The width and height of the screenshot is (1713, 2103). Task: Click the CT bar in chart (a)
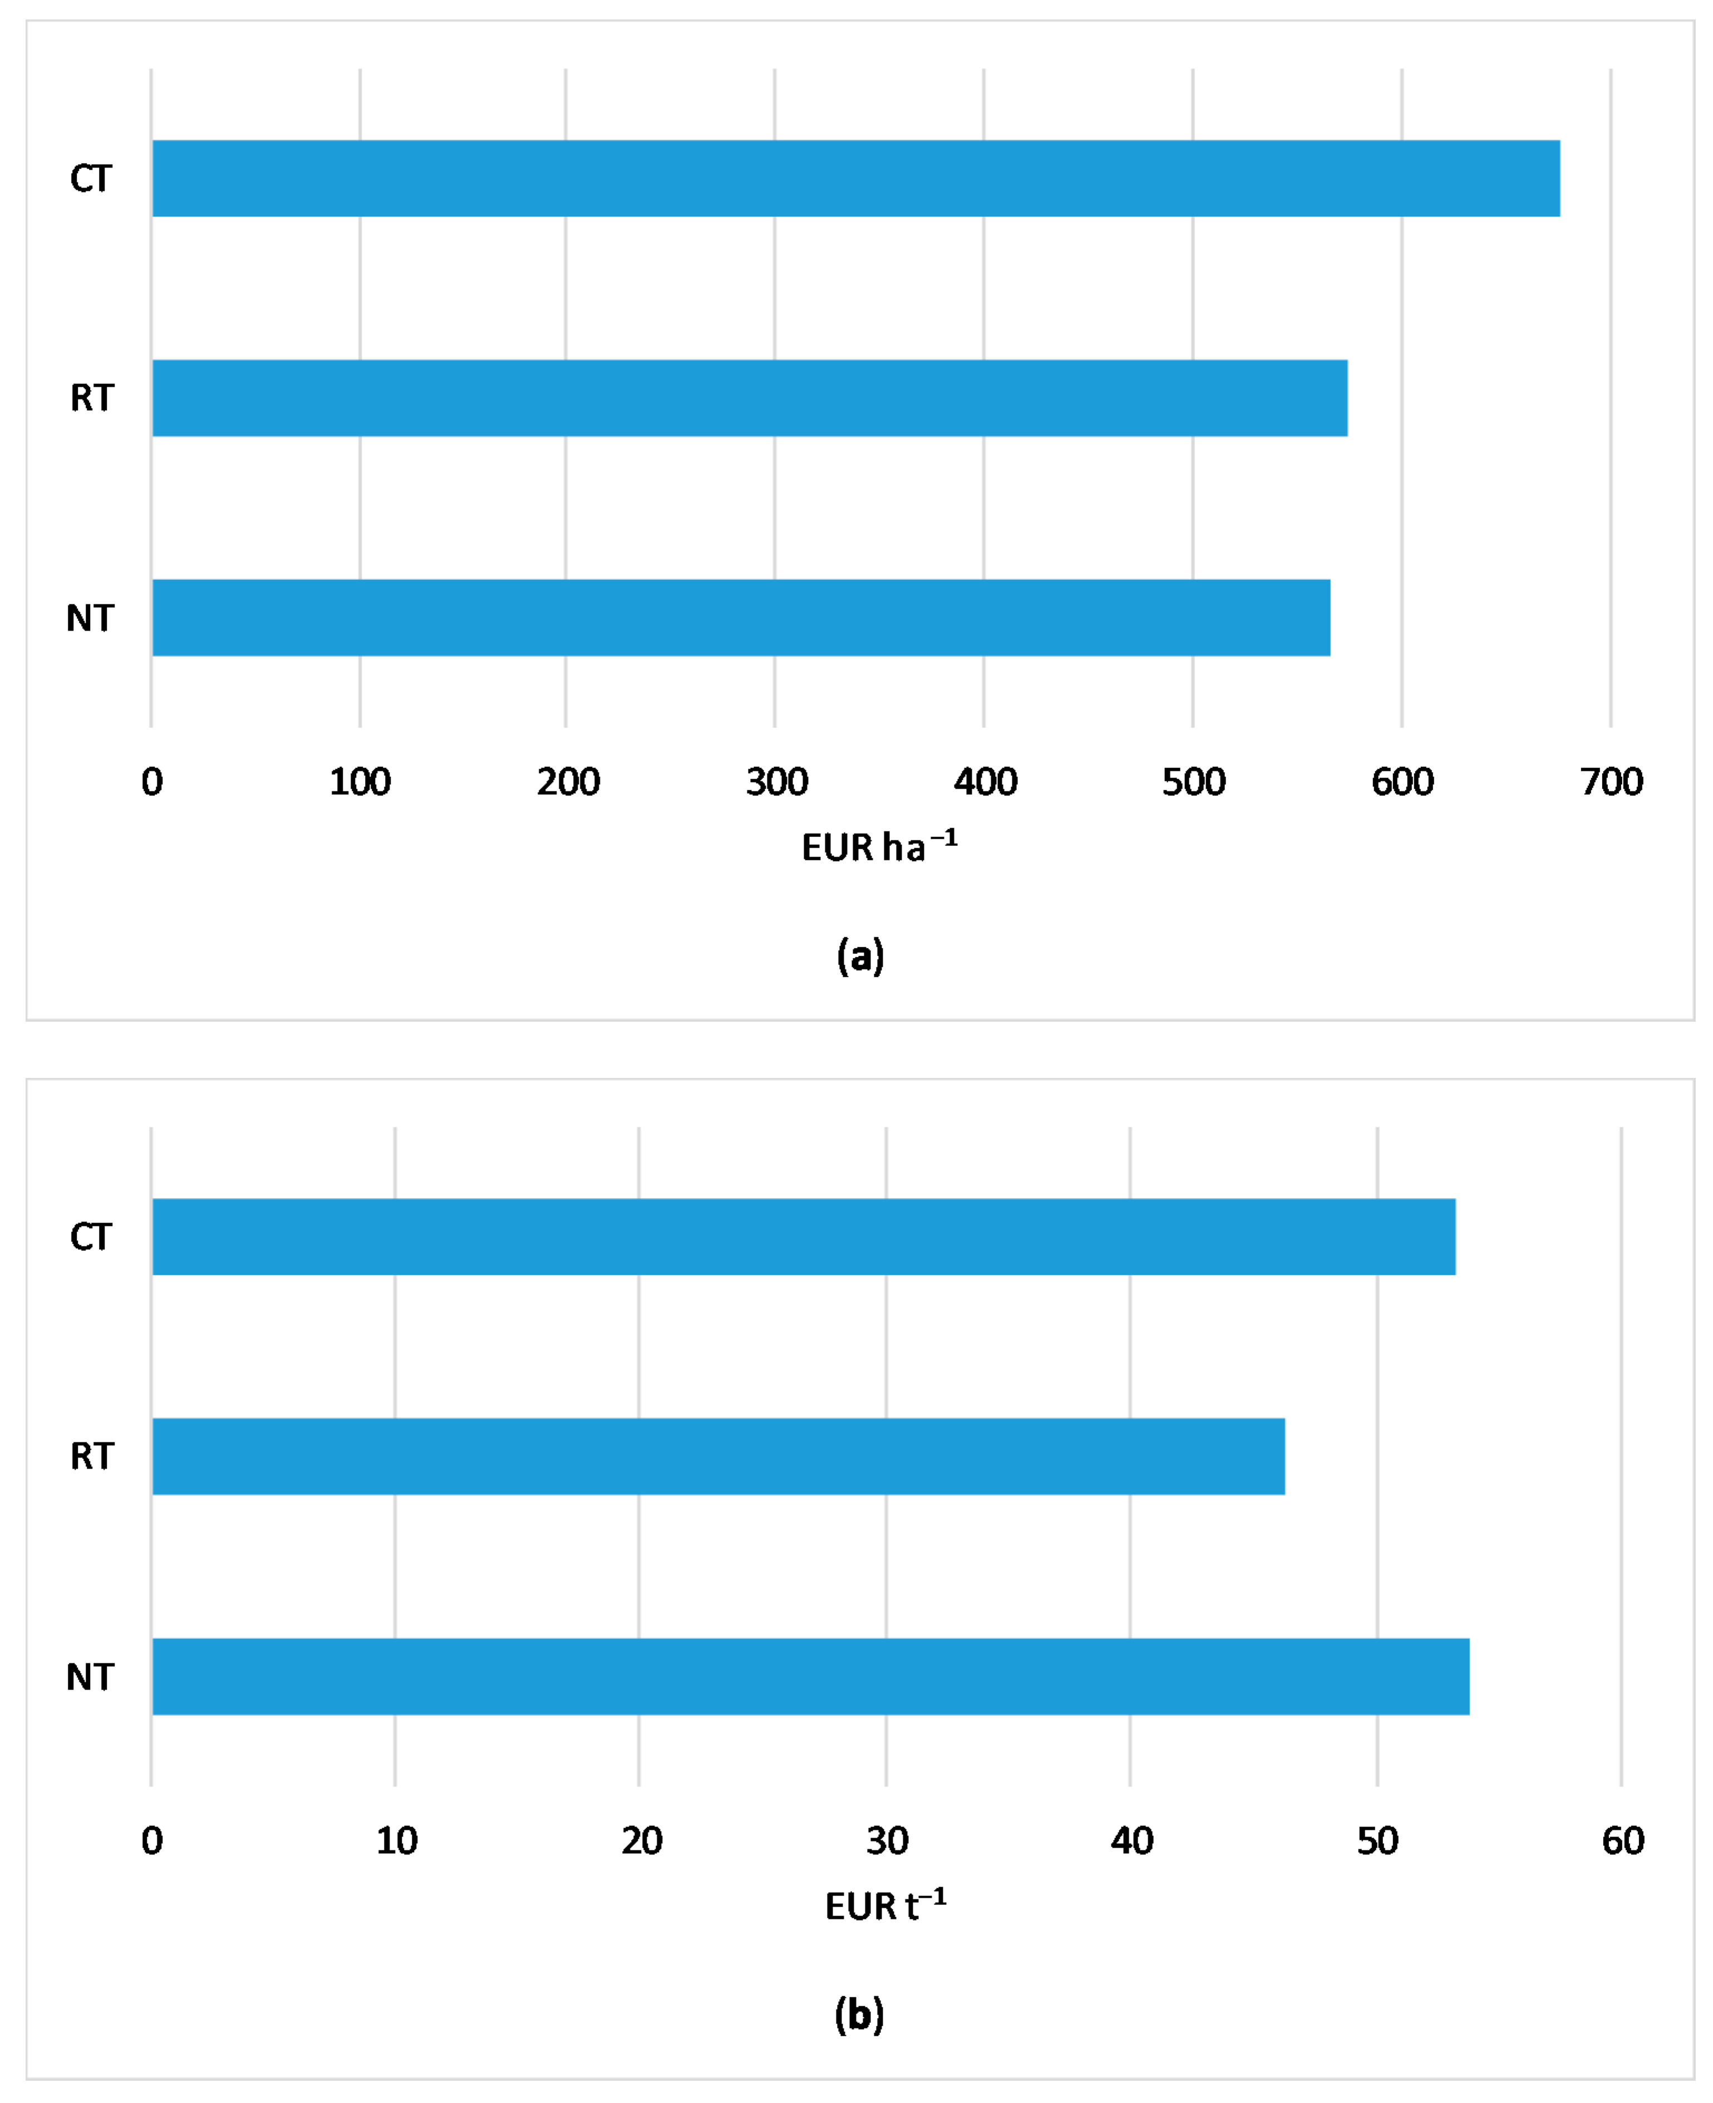tap(855, 179)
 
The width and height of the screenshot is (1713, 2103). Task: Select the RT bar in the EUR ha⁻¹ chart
tap(750, 398)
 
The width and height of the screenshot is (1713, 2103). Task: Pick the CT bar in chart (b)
tap(803, 1237)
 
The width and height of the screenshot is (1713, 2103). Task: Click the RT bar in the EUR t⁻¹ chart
tap(718, 1456)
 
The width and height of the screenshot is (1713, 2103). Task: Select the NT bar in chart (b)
tap(810, 1677)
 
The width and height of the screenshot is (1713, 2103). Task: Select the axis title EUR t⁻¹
tap(885, 1905)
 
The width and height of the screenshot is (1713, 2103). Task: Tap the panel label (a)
tap(859, 956)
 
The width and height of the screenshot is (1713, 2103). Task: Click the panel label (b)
tap(859, 2014)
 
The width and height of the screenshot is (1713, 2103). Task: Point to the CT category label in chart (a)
tap(91, 179)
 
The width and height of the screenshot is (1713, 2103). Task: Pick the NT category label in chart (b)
tap(90, 1677)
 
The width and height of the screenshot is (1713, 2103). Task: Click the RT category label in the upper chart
tap(92, 398)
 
